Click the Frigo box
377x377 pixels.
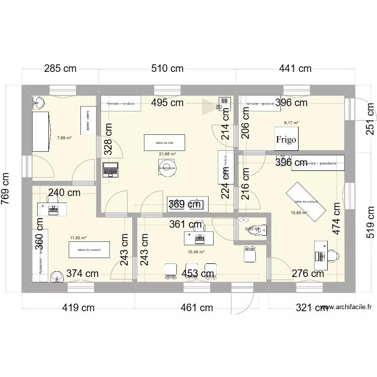tap(286, 139)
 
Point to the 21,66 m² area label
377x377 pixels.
tap(167, 154)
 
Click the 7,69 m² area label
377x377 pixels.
tap(64, 137)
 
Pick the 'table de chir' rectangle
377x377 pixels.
tap(164, 142)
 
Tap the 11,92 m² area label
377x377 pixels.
tap(78, 238)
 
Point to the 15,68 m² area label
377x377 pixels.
tap(299, 213)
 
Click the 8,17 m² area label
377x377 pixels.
tap(291, 122)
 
